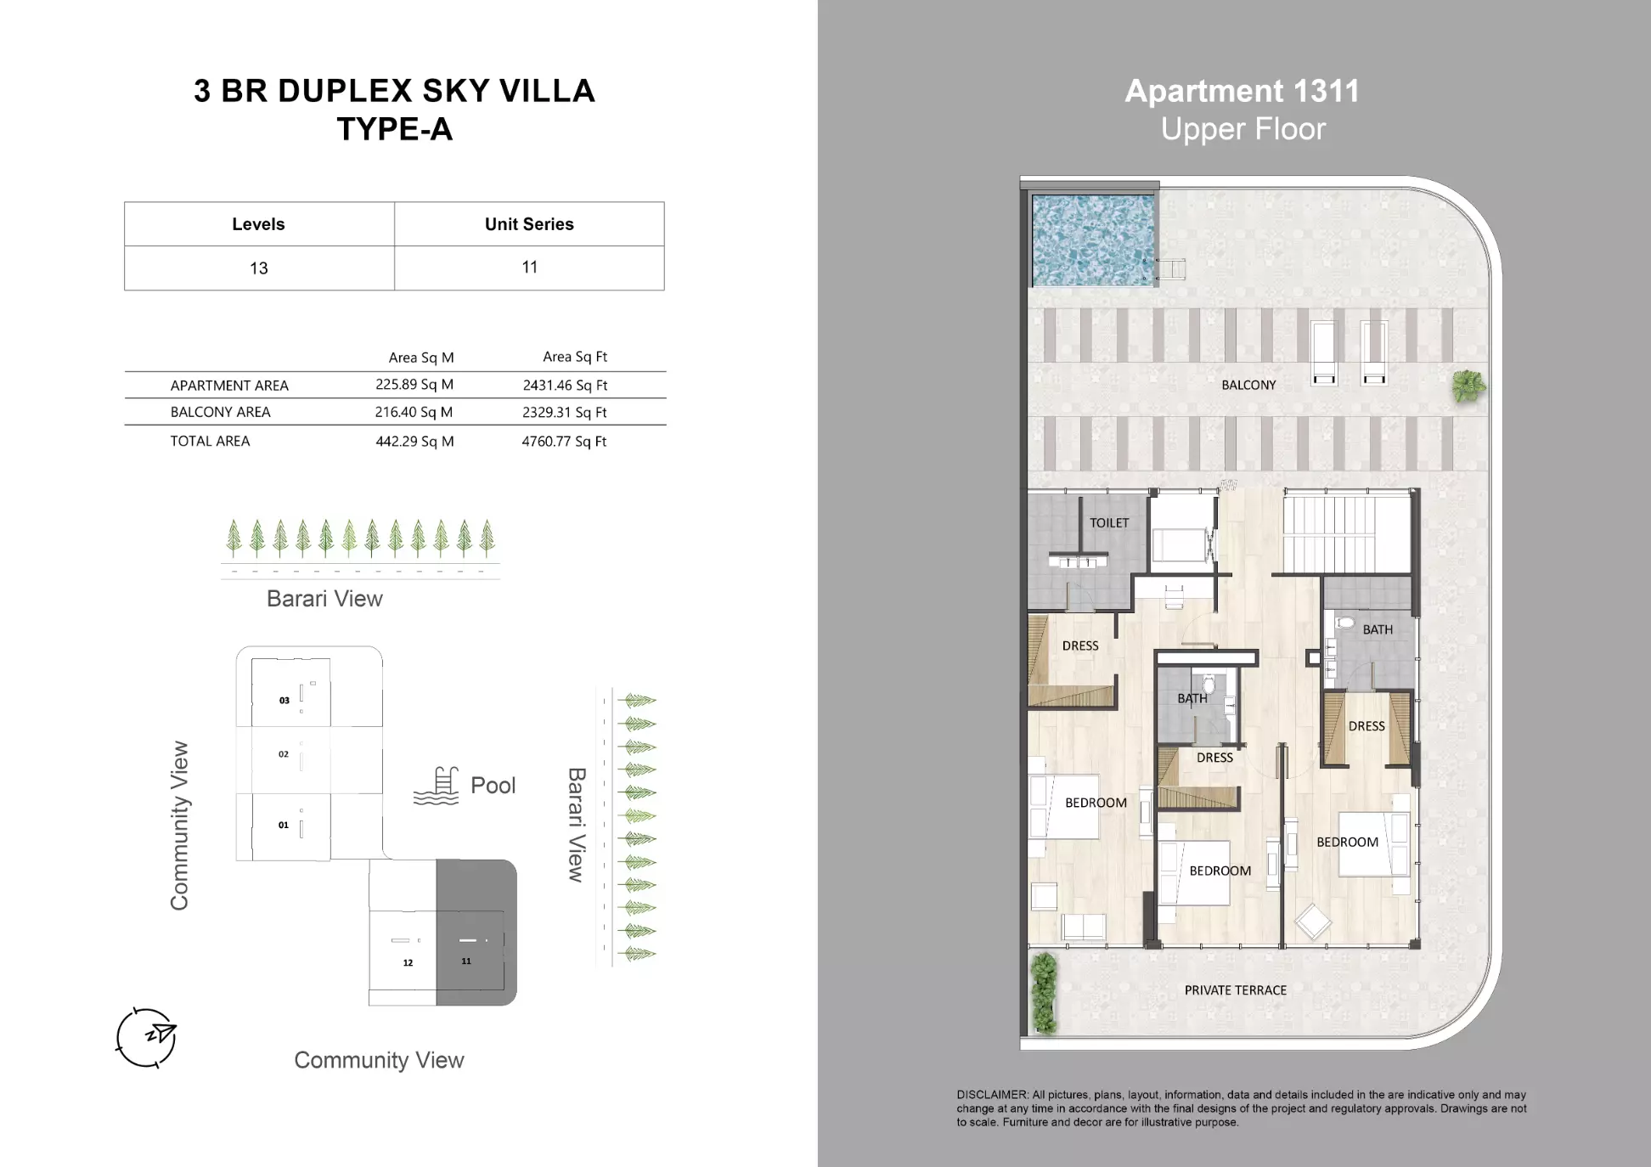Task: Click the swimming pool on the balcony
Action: tap(1093, 241)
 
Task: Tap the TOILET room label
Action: tap(1109, 523)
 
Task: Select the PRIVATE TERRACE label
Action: tap(1235, 990)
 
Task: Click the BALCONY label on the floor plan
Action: tap(1248, 385)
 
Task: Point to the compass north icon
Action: tap(146, 1037)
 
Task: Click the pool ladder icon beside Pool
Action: tap(436, 786)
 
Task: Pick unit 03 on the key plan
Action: tap(290, 692)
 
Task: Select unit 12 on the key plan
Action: tap(403, 951)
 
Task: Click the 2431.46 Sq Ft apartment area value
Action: tap(565, 385)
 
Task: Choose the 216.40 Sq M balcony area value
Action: tap(414, 412)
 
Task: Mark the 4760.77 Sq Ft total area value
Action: tap(564, 441)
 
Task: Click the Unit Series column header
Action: tap(529, 224)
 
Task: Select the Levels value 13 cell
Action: tap(259, 268)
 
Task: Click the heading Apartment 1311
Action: tap(1242, 91)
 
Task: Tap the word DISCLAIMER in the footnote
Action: tap(992, 1095)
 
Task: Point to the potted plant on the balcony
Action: tap(1468, 386)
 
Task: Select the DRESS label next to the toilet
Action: tap(1080, 646)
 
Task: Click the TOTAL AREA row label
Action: tap(210, 441)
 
